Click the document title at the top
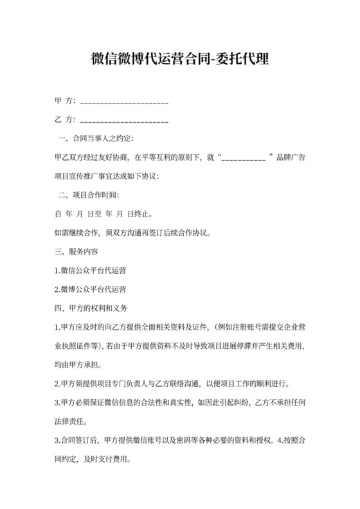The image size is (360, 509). (180, 60)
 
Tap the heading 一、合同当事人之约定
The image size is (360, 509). (96, 138)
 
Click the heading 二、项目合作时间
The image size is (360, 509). (89, 194)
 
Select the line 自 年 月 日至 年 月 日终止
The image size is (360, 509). (104, 213)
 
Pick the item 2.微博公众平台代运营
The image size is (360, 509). (91, 289)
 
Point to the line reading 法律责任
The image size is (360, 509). (70, 422)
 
